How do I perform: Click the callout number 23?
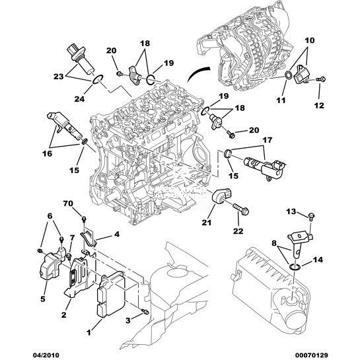pyautogui.click(x=58, y=76)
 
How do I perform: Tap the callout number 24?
pyautogui.click(x=79, y=98)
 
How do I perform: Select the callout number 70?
pyautogui.click(x=68, y=203)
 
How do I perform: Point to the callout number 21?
pyautogui.click(x=206, y=223)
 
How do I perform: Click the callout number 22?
pyautogui.click(x=238, y=231)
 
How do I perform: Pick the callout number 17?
pyautogui.click(x=268, y=140)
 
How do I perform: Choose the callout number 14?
pyautogui.click(x=318, y=260)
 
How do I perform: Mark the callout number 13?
pyautogui.click(x=291, y=211)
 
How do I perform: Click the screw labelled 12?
pyautogui.click(x=321, y=79)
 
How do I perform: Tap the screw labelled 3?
pyautogui.click(x=145, y=312)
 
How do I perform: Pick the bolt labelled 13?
pyautogui.click(x=312, y=216)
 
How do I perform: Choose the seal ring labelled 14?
pyautogui.click(x=295, y=266)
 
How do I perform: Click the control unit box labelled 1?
pyautogui.click(x=111, y=295)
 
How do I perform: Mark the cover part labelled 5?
pyautogui.click(x=51, y=265)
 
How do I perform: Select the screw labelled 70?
pyautogui.click(x=84, y=219)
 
